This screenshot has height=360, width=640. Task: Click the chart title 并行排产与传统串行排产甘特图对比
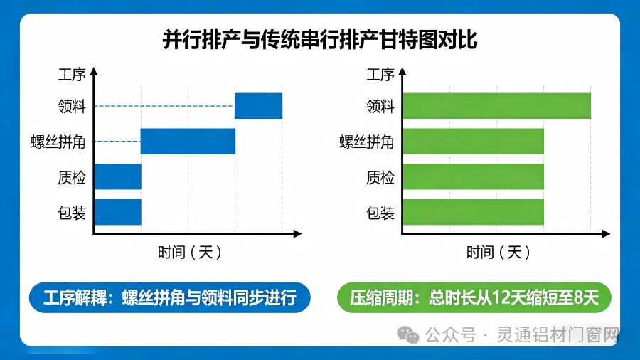click(319, 39)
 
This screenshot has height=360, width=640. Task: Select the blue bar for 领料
click(258, 106)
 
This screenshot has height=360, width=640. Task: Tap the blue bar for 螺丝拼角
click(188, 142)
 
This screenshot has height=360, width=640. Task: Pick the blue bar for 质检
click(117, 176)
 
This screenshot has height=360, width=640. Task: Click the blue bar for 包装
click(117, 211)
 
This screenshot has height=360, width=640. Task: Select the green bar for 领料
click(496, 106)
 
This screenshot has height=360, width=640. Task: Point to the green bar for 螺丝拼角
click(473, 142)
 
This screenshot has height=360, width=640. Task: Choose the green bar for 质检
click(473, 176)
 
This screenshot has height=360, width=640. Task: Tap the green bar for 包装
click(473, 211)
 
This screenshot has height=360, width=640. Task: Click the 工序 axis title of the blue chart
click(71, 74)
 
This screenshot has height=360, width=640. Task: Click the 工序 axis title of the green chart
click(380, 74)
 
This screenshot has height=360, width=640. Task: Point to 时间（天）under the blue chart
click(190, 252)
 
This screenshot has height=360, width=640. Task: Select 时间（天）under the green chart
click(498, 252)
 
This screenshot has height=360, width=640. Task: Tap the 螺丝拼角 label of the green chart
click(366, 142)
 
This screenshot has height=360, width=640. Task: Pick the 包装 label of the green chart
click(380, 212)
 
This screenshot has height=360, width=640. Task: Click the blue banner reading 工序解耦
click(170, 297)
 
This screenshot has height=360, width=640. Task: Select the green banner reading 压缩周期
click(474, 297)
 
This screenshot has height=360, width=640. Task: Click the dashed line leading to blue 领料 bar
click(164, 106)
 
